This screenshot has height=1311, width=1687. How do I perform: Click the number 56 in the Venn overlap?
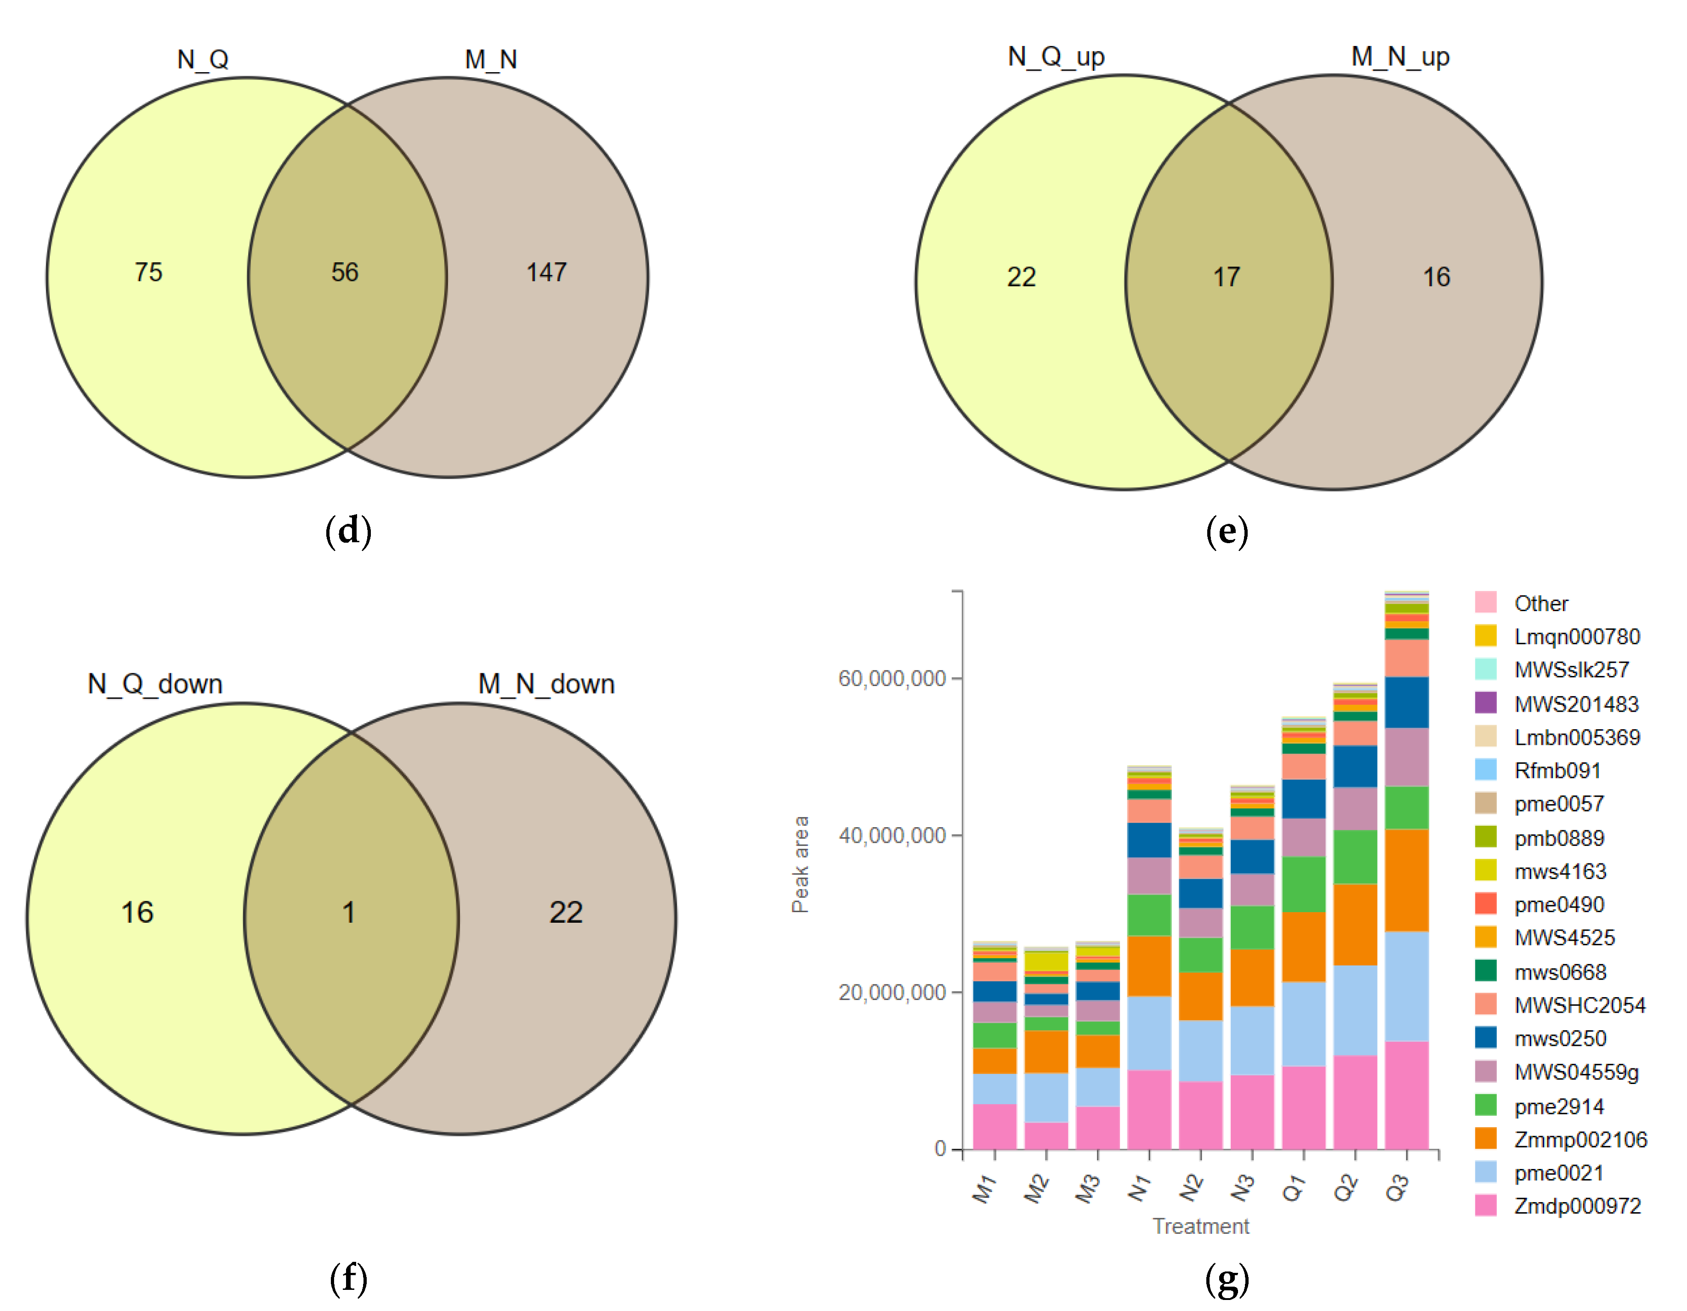click(x=345, y=272)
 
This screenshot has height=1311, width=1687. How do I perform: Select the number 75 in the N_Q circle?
click(x=148, y=272)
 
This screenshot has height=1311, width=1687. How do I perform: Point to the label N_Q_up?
click(x=1056, y=57)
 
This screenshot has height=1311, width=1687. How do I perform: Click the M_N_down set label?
click(x=546, y=684)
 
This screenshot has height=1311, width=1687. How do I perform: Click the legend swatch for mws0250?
click(x=1485, y=1038)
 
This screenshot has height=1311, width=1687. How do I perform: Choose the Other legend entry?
click(x=1540, y=603)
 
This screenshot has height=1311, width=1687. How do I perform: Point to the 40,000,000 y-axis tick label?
click(x=892, y=835)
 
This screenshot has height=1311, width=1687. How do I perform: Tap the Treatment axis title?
click(x=1200, y=1226)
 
